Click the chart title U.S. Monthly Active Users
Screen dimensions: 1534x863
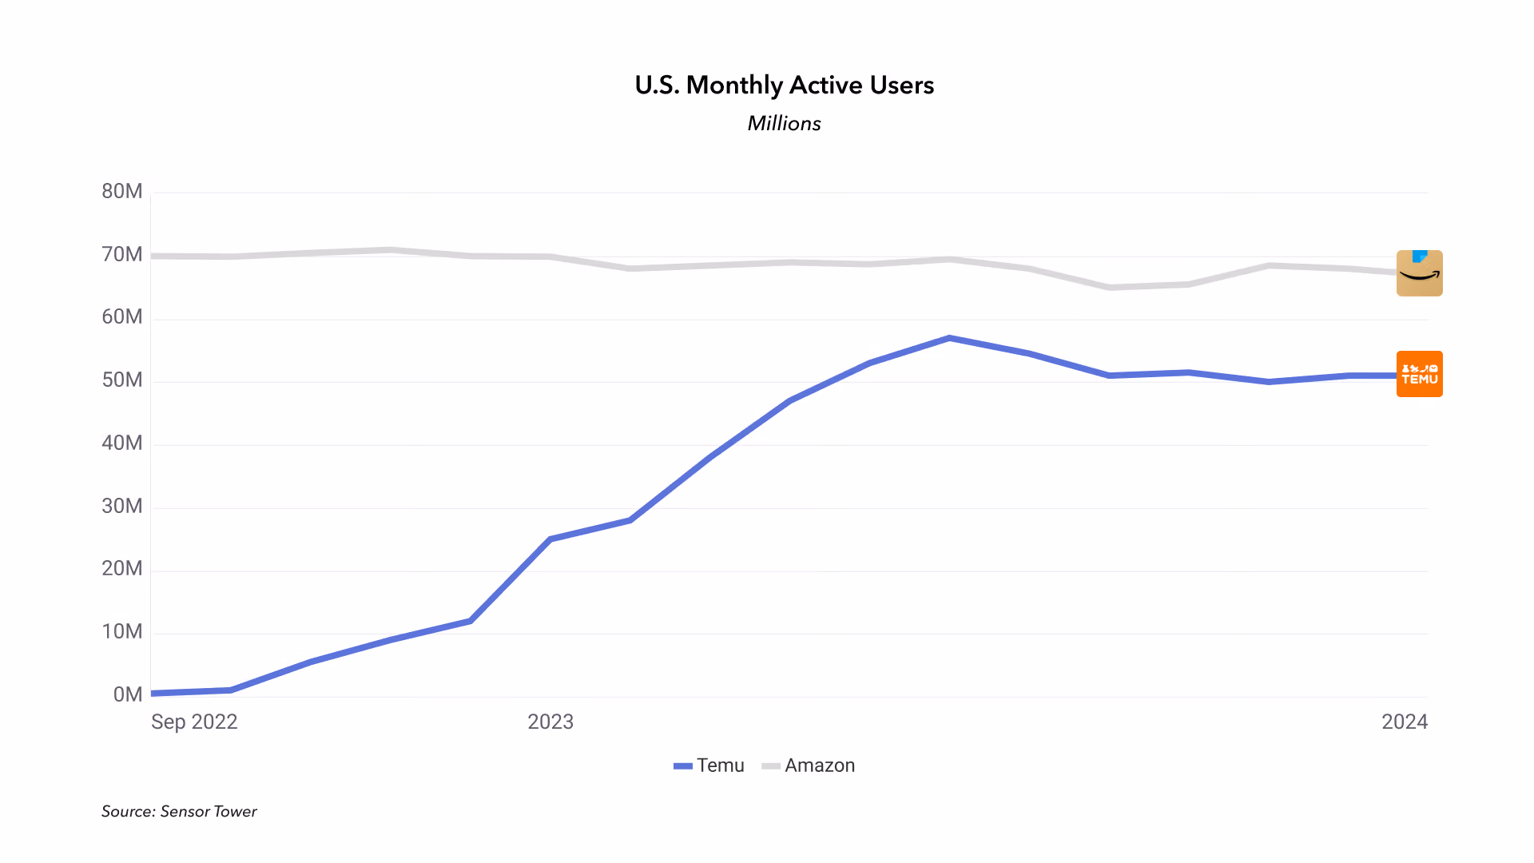point(784,86)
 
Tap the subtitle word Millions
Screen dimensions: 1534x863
point(784,124)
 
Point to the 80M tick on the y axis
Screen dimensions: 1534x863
point(122,191)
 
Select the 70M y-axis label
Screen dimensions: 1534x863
point(122,254)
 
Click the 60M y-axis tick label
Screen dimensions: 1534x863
point(122,317)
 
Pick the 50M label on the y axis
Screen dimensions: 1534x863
point(122,380)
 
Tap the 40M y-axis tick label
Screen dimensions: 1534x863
point(122,443)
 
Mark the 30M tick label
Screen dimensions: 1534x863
point(122,506)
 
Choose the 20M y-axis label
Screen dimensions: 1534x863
point(122,568)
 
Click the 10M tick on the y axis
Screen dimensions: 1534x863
point(122,631)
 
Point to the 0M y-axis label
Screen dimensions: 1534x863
point(128,694)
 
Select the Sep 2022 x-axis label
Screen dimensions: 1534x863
point(194,722)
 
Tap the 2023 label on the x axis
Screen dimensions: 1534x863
point(550,722)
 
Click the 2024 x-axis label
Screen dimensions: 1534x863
point(1405,722)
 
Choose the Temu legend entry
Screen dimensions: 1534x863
point(709,766)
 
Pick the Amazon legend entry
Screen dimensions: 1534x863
point(809,766)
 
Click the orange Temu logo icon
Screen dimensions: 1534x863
point(1420,374)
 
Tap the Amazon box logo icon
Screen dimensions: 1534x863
point(1420,273)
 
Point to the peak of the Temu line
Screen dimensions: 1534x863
point(949,338)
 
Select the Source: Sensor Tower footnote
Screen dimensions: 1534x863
point(179,811)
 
